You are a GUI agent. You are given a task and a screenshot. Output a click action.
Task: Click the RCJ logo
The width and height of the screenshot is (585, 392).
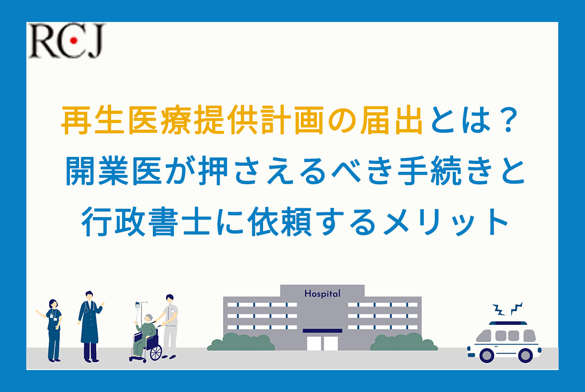coord(67,40)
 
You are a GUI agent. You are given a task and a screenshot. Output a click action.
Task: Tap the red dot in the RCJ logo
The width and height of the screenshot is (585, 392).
coord(74,40)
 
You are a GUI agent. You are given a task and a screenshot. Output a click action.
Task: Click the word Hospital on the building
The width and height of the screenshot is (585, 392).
coord(322,294)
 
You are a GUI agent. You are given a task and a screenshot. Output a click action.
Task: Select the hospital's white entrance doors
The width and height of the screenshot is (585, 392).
coord(322,343)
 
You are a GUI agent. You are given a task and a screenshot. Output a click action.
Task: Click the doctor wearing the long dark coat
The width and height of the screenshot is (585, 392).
coord(90,327)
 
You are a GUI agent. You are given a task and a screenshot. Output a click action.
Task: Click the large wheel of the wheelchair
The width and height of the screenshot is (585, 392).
coord(156,353)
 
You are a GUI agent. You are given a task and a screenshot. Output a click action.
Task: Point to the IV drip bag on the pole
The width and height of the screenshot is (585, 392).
coord(137,305)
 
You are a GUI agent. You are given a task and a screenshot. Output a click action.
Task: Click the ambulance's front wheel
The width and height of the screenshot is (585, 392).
coord(487,355)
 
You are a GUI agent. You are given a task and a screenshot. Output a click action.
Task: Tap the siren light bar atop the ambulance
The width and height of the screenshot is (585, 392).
coord(508,323)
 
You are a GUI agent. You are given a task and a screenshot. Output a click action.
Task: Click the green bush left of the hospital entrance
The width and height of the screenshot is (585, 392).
coord(241,342)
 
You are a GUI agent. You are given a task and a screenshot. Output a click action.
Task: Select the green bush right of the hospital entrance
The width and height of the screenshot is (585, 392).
coord(404,342)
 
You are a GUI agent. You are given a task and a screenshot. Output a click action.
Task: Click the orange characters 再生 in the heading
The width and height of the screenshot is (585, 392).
coord(93,120)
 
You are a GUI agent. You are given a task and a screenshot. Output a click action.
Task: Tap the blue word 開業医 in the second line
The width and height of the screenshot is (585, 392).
coord(113,171)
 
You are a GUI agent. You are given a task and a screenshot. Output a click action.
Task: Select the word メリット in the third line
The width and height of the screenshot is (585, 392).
coord(446,222)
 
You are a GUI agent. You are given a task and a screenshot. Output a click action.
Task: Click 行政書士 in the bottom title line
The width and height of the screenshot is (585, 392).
coord(146,222)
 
